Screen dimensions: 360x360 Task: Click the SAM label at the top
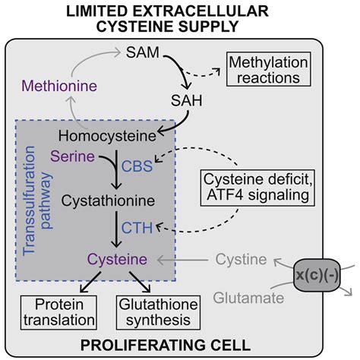click(x=144, y=54)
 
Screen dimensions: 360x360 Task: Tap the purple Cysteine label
click(x=112, y=260)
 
